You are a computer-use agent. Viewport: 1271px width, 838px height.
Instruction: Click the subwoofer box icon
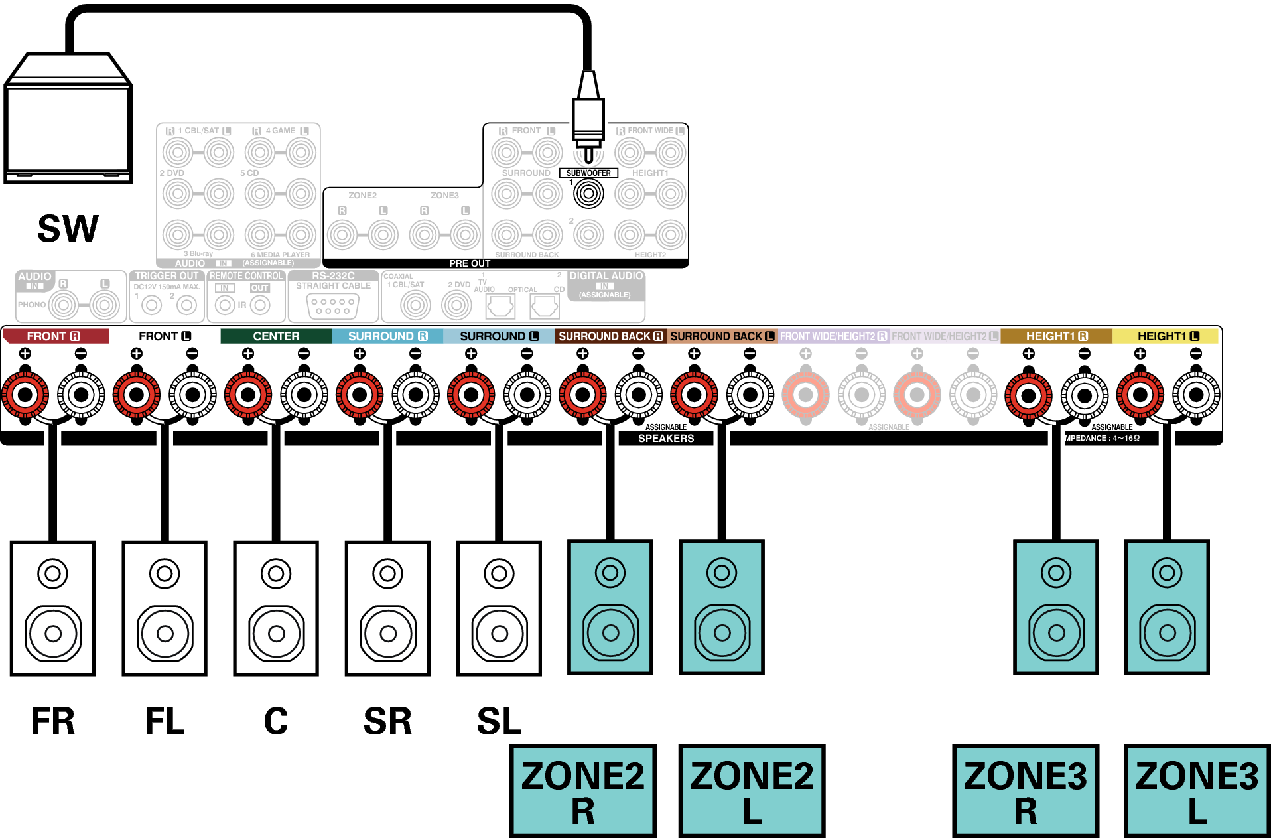(x=68, y=119)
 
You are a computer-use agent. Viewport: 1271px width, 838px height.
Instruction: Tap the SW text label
(x=68, y=229)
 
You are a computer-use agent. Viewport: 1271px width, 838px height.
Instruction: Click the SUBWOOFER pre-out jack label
(x=588, y=173)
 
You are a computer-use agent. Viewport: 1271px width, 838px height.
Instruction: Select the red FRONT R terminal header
(x=54, y=336)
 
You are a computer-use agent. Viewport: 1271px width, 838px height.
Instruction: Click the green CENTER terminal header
(x=276, y=336)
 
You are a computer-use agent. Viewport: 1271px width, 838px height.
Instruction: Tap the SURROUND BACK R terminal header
(x=610, y=336)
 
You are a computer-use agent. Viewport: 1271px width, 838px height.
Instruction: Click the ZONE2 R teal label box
(x=582, y=791)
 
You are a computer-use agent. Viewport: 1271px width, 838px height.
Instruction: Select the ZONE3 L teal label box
(x=1197, y=791)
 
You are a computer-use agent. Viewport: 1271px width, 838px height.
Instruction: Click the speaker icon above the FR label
(x=52, y=608)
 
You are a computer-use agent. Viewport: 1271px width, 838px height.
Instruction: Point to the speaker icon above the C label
(x=276, y=608)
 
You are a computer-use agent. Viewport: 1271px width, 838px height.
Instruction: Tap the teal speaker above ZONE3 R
(x=1056, y=608)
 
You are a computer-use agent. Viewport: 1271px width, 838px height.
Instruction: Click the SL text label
(x=499, y=721)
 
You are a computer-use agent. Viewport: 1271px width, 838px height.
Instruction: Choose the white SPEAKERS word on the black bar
(x=666, y=439)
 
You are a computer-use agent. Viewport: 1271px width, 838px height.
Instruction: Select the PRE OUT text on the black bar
(x=470, y=263)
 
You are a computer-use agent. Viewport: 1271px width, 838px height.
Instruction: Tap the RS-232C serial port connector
(x=333, y=306)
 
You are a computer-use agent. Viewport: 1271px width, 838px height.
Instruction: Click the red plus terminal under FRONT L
(x=136, y=395)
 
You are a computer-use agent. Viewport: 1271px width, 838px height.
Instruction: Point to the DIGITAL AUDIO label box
(x=606, y=285)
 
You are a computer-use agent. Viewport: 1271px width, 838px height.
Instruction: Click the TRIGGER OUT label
(x=167, y=276)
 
